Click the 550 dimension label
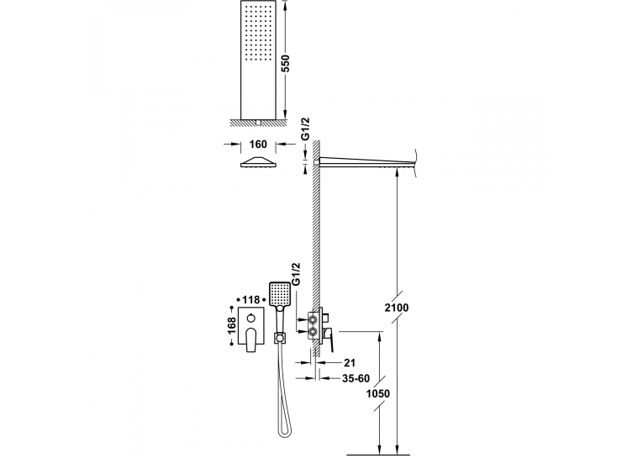(x=287, y=63)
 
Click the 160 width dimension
(x=258, y=145)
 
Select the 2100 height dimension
(x=396, y=308)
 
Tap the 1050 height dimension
(x=377, y=393)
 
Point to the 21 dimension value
(x=350, y=362)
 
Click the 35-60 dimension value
(x=356, y=378)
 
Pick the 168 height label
(x=232, y=325)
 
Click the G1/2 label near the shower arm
(x=305, y=129)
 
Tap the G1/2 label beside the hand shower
(x=296, y=275)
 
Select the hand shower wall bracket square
(x=280, y=339)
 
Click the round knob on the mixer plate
(x=251, y=318)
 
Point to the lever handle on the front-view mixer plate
(x=251, y=341)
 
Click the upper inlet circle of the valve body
(x=313, y=318)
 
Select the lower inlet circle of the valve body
(x=313, y=330)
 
